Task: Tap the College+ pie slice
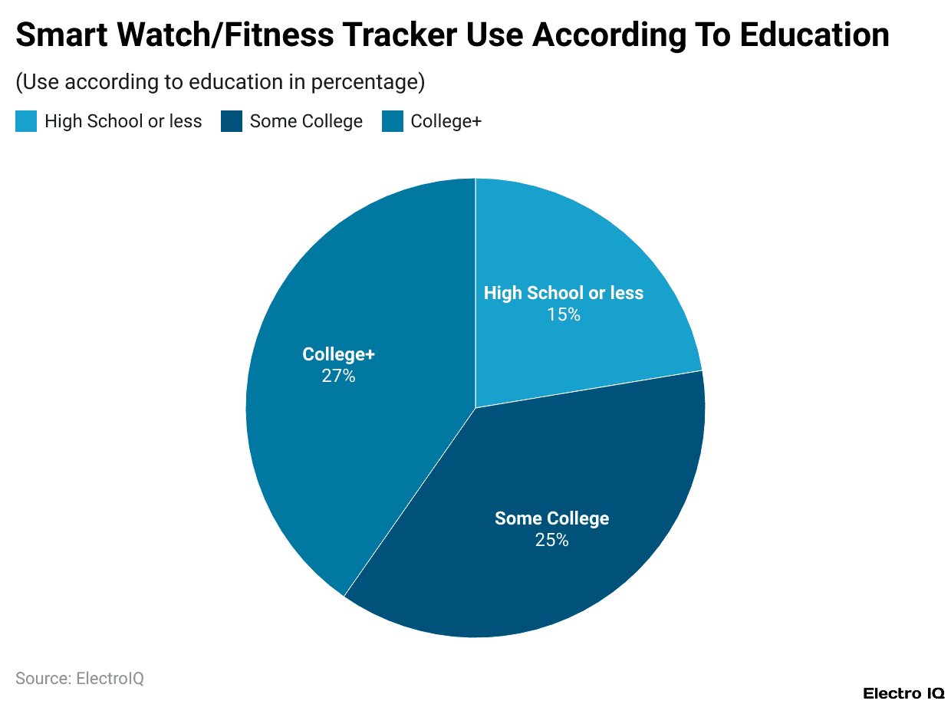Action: point(345,445)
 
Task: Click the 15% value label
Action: point(564,314)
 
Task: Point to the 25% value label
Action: point(551,540)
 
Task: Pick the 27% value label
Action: point(338,376)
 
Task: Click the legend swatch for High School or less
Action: point(26,121)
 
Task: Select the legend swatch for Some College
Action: point(232,121)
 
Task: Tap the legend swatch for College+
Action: point(393,121)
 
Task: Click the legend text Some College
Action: point(306,121)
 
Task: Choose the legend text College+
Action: point(446,121)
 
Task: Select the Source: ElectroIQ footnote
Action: point(80,679)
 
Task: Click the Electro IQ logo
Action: point(903,693)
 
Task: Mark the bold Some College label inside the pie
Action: point(551,518)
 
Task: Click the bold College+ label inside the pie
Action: point(338,354)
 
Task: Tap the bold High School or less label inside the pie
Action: point(564,293)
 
